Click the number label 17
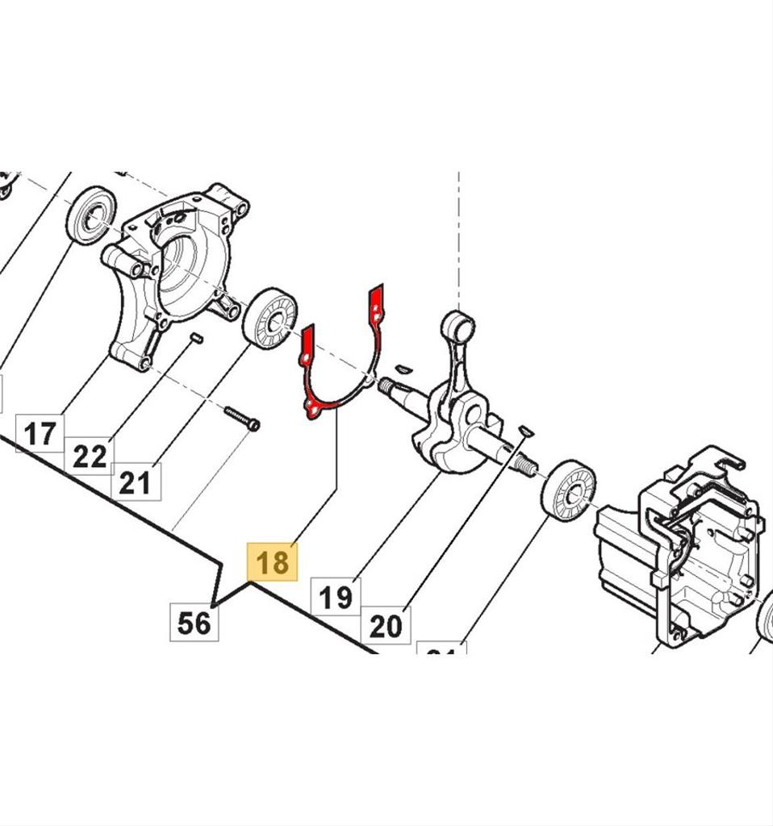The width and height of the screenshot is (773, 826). pos(39,434)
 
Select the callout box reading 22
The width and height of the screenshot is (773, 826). pos(90,457)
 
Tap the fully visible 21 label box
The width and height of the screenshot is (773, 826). pos(135,482)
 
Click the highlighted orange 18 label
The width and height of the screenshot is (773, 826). pos(273,561)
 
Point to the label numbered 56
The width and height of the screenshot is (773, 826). pos(194,622)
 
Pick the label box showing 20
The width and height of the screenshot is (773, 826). pos(386,625)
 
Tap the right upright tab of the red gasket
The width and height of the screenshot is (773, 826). pos(375,306)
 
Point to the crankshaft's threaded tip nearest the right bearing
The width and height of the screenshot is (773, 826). pos(525,465)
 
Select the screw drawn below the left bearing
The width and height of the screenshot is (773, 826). pos(240,419)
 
